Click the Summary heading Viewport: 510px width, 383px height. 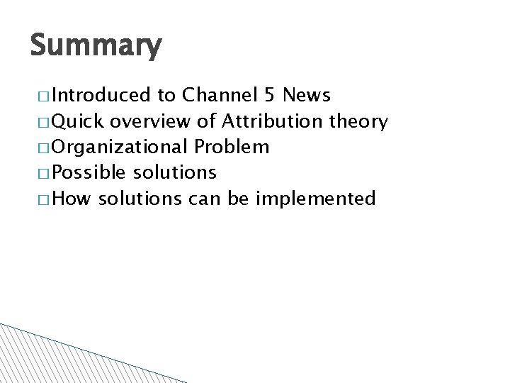point(96,47)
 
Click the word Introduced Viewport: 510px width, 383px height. point(101,96)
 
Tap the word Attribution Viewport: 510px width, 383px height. point(272,121)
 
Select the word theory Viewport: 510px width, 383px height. point(360,122)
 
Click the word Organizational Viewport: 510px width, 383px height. point(120,147)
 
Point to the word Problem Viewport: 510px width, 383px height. point(231,147)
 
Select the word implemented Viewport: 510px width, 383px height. point(315,199)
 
